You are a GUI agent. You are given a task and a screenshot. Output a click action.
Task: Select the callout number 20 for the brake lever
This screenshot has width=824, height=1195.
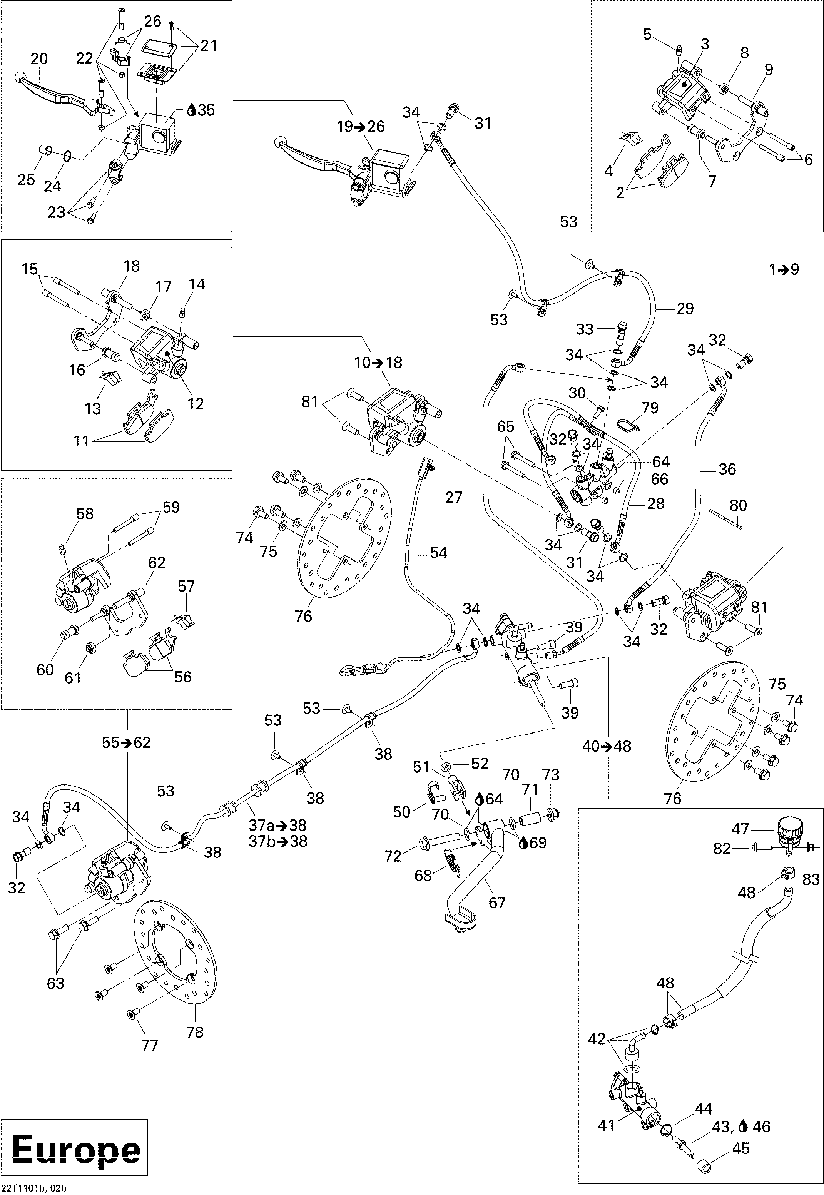(x=39, y=59)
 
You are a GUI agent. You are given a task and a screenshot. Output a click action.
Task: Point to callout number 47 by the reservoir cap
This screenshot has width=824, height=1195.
(x=740, y=829)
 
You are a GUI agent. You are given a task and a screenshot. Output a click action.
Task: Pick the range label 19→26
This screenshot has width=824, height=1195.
(x=361, y=127)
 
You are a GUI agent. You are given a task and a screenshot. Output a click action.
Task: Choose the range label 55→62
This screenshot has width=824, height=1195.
(x=127, y=742)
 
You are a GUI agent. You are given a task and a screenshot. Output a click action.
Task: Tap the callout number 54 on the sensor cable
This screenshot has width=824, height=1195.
(x=438, y=553)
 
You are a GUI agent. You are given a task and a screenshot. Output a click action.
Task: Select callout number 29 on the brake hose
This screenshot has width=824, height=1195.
(x=685, y=309)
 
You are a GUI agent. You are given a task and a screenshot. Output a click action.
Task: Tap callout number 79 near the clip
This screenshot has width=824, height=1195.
(x=650, y=408)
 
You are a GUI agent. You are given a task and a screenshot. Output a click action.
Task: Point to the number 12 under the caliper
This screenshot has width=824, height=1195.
(x=196, y=404)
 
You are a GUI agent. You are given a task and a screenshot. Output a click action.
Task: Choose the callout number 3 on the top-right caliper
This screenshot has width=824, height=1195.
(x=705, y=44)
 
